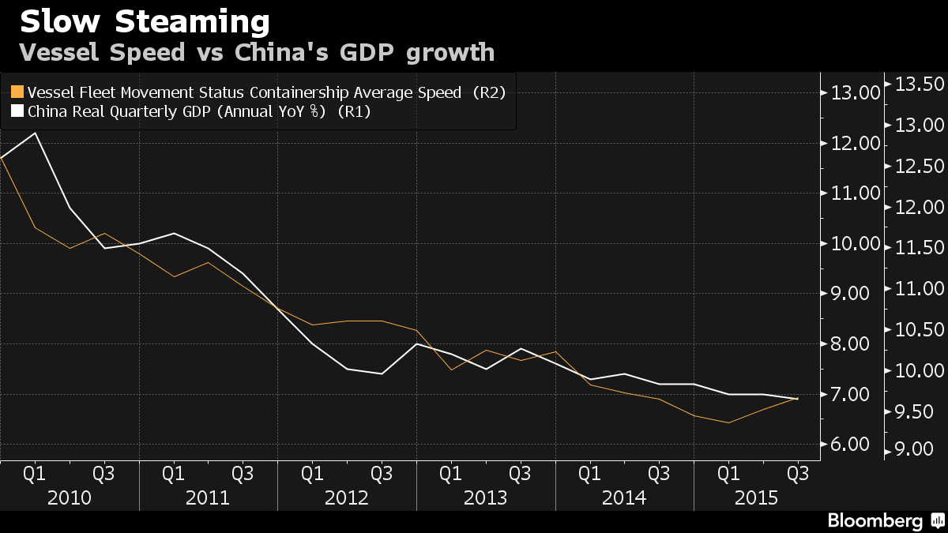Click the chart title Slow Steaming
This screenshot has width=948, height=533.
click(x=145, y=22)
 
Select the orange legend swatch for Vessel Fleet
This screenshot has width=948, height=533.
click(x=17, y=92)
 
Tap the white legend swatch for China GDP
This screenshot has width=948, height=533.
click(x=17, y=111)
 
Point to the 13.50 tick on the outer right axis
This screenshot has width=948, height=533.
click(x=920, y=84)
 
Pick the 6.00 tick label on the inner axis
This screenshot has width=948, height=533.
click(x=850, y=444)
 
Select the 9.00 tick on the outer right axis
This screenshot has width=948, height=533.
click(x=914, y=449)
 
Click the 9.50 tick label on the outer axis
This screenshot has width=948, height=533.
click(x=914, y=412)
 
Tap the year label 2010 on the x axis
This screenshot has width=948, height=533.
click(x=70, y=498)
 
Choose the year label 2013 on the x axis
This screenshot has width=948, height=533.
click(x=485, y=498)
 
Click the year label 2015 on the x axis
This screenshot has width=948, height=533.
click(x=756, y=498)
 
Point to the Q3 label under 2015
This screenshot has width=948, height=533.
click(x=798, y=474)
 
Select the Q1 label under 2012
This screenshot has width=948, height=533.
click(x=312, y=474)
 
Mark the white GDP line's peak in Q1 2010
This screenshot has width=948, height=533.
click(x=35, y=133)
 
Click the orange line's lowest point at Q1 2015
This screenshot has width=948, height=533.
click(x=728, y=422)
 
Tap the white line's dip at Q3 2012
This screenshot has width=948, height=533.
click(x=382, y=374)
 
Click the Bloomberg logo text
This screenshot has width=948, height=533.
click(x=875, y=521)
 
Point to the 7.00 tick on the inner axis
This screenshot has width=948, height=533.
click(x=850, y=395)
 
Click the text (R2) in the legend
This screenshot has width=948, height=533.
click(x=489, y=92)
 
